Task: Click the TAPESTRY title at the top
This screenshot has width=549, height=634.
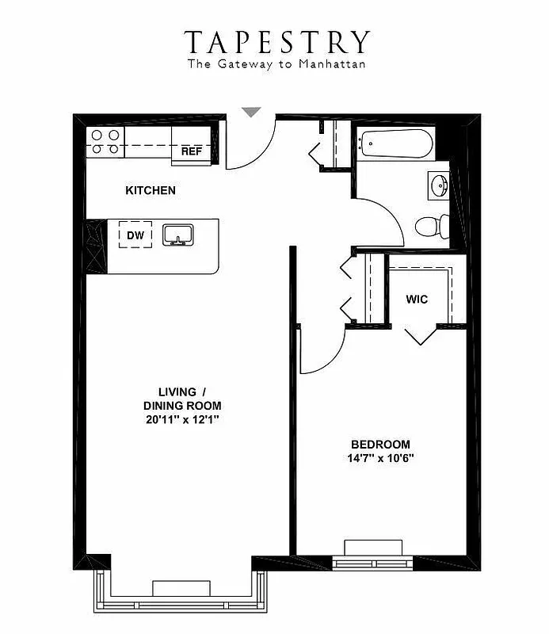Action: pos(277,41)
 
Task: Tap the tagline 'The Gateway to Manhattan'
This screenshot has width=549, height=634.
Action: pos(276,64)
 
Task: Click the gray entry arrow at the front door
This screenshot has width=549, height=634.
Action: pos(251,113)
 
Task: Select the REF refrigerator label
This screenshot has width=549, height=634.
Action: pos(192,151)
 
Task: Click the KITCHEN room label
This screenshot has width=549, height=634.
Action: pos(151,191)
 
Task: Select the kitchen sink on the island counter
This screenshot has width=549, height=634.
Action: pos(178,235)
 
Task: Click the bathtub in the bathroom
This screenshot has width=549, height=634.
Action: pos(394,144)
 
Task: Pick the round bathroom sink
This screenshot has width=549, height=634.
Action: pos(438,185)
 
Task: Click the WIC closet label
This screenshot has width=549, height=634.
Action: pos(417,300)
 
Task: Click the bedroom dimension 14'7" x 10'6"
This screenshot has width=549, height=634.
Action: pos(381,459)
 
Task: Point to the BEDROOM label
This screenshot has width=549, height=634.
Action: pos(381,444)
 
